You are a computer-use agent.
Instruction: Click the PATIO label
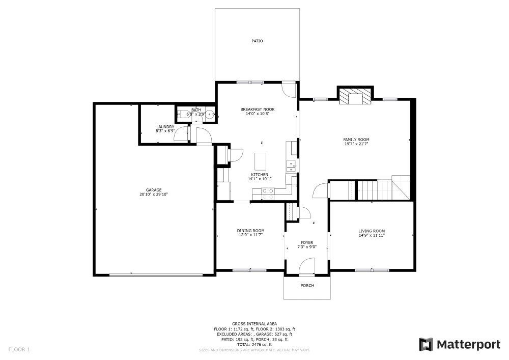257,41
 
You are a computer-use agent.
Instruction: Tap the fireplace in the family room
356,97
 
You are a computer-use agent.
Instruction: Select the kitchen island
261,161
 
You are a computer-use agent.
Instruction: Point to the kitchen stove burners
268,193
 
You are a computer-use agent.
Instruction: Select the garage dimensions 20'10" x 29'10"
154,194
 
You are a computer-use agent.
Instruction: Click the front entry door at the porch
306,266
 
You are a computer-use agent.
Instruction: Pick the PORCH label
307,286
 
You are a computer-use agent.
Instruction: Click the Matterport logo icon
426,345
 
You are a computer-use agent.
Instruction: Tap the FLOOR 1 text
19,349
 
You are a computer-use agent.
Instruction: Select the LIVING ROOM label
372,231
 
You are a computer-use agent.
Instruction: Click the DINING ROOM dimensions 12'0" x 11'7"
250,235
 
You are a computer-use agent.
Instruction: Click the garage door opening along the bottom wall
156,275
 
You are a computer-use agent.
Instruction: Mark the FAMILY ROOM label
356,140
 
